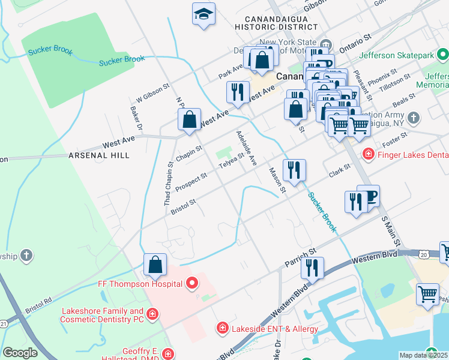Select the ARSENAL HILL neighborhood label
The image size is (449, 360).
pyautogui.click(x=99, y=155)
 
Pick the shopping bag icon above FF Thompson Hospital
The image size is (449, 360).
pyautogui.click(x=155, y=264)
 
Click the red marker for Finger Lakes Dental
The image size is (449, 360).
pyautogui.click(x=368, y=155)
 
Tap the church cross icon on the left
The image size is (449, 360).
pyautogui.click(x=26, y=256)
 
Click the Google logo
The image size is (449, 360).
pyautogui.click(x=20, y=353)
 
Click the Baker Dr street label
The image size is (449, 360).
pyautogui.click(x=136, y=118)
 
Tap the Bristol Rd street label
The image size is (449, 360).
pyautogui.click(x=38, y=305)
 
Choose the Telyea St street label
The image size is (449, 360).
pyautogui.click(x=231, y=160)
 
